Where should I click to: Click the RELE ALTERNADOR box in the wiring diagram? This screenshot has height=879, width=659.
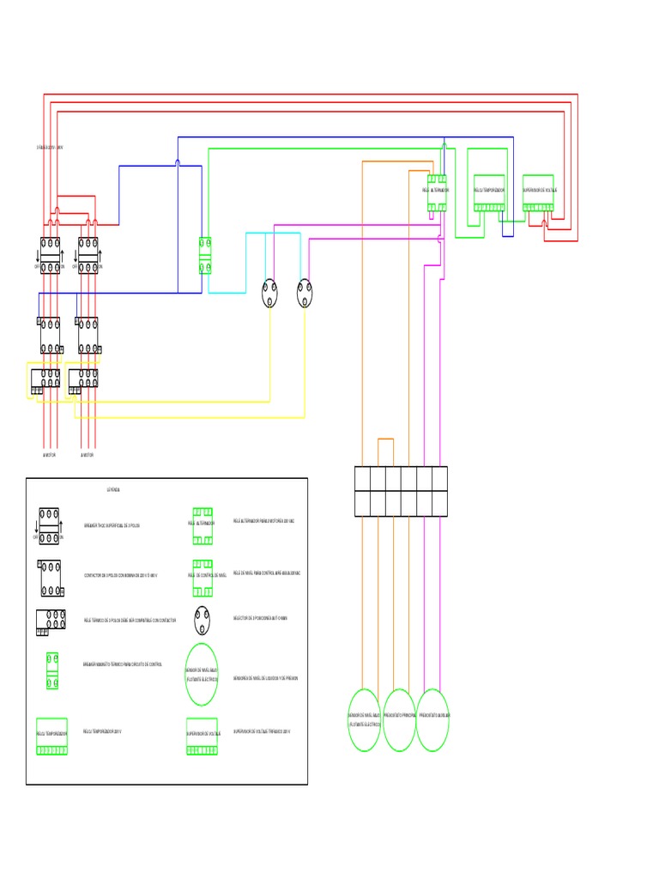[x=438, y=192]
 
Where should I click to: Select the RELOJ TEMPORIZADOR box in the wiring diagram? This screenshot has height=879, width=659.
[x=489, y=192]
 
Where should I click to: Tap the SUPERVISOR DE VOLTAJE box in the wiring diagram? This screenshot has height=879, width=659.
[x=539, y=192]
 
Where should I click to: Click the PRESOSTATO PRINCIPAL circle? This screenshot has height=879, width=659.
[x=399, y=719]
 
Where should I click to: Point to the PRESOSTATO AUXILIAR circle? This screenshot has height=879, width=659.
[x=433, y=719]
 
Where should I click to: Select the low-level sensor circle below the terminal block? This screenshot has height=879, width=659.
[x=364, y=719]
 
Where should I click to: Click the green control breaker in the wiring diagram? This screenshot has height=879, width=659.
[x=205, y=255]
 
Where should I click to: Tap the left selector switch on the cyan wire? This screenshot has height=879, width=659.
[x=270, y=294]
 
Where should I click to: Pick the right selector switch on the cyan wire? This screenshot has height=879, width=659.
[x=305, y=294]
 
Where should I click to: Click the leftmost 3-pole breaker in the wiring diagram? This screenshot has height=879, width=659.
[x=49, y=255]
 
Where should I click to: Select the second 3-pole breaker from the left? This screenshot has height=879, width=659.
[x=88, y=255]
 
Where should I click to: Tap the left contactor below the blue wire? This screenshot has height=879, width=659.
[x=49, y=335]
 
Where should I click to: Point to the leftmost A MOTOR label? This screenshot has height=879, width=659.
[x=49, y=455]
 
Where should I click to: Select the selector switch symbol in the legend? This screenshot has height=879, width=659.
[x=202, y=618]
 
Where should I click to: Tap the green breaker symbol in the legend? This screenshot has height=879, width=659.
[x=51, y=670]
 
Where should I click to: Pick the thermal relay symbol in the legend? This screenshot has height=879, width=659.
[x=51, y=622]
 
